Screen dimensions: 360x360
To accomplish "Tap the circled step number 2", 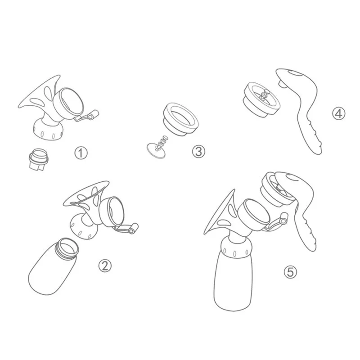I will [x=105, y=266].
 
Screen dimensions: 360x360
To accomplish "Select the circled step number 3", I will [x=198, y=151].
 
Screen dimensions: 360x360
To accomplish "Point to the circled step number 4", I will [x=338, y=113].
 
